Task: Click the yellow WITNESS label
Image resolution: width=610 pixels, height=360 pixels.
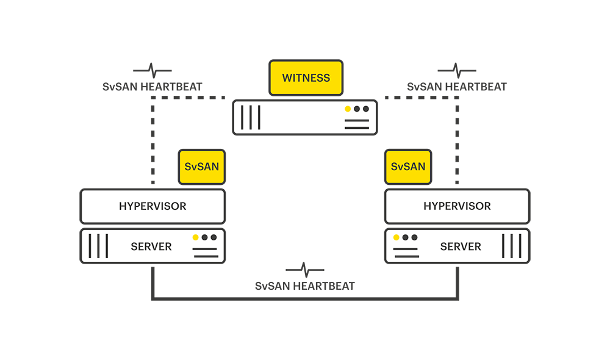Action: (x=306, y=78)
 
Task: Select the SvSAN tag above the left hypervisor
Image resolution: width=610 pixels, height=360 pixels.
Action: (x=201, y=167)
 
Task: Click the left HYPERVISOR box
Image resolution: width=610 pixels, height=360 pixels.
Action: (x=152, y=206)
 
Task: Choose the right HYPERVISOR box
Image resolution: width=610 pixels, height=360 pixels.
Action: (x=457, y=206)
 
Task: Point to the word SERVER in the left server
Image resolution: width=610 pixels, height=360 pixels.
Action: (x=151, y=247)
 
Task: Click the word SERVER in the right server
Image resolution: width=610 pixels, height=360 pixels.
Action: (x=461, y=247)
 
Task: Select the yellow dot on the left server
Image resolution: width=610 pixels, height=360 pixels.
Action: (x=195, y=237)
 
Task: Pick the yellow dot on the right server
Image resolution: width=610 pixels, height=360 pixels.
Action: (x=396, y=237)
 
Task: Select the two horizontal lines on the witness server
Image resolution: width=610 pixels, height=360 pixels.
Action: (x=357, y=124)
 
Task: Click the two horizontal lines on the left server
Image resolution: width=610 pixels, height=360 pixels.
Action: (x=205, y=253)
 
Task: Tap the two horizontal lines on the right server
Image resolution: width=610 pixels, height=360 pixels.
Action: (x=406, y=253)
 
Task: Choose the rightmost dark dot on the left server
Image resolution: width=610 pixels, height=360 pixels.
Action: (x=213, y=237)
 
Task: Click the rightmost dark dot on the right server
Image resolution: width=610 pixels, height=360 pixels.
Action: (x=414, y=237)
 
